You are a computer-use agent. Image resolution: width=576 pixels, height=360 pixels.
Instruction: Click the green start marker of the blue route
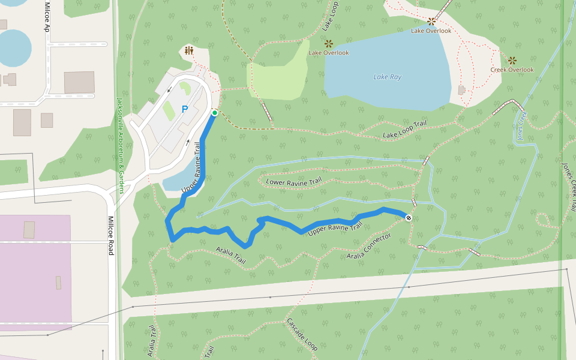pos(214,112)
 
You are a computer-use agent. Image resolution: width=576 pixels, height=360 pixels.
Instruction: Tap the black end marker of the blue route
pos(409,217)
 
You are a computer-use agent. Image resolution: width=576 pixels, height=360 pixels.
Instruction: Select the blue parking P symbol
pos(185,109)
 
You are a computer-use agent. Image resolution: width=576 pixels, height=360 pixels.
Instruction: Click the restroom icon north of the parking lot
pos(189,51)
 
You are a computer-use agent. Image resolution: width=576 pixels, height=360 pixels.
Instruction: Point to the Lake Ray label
pos(387,77)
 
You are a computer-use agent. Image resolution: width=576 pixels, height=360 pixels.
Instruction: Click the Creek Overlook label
pos(512,70)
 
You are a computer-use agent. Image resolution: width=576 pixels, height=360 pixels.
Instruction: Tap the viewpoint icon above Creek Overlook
pos(512,60)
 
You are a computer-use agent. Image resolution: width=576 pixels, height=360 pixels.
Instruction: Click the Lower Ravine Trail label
pos(294,181)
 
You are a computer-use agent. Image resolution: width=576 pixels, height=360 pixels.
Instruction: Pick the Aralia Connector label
pos(369,247)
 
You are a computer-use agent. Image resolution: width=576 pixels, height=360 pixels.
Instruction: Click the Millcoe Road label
pos(110,236)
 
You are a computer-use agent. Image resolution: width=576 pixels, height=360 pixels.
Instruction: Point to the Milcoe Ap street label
pos(47,16)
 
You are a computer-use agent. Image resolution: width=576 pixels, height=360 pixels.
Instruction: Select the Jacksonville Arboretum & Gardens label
pos(120,146)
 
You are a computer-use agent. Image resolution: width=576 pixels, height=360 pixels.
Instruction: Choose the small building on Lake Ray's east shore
pos(461,90)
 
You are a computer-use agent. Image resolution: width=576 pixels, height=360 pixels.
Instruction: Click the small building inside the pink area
pos(29,229)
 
